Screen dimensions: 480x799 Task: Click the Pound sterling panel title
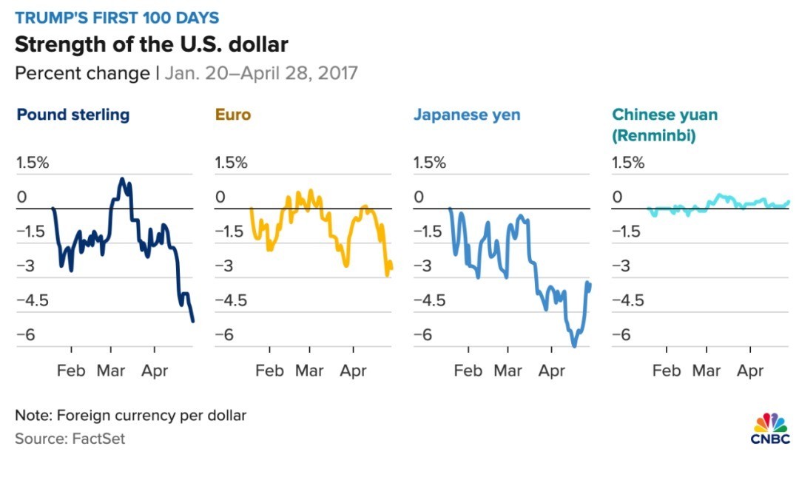coord(73,115)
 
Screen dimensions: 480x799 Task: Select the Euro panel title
coord(232,115)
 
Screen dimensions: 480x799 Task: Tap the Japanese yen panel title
coord(466,115)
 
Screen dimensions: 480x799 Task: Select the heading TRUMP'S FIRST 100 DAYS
coord(117,17)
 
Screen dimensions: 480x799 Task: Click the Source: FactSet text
coord(70,439)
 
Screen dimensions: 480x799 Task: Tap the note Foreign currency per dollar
coord(130,415)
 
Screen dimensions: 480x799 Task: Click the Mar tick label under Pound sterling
coord(111,370)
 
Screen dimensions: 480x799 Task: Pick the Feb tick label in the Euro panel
coord(269,370)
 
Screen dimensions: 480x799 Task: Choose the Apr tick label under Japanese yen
coord(551,370)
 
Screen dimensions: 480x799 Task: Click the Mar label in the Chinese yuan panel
coord(707,370)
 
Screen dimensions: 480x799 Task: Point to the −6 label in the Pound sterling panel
coord(26,335)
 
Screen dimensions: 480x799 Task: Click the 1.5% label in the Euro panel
coord(231,163)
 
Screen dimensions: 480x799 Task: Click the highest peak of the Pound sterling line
coord(122,179)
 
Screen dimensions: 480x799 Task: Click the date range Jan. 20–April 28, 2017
coord(261,73)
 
